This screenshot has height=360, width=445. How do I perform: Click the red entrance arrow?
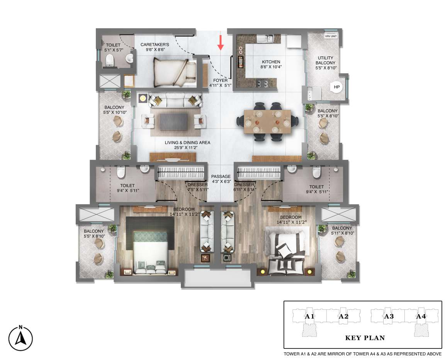coord(221,43)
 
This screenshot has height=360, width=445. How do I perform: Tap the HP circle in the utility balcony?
coord(336,87)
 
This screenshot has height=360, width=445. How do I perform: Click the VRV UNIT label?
coord(331,36)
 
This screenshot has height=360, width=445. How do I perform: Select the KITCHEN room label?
coord(271,62)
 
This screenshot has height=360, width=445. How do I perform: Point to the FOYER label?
coord(220,80)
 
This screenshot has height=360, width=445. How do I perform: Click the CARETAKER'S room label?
coord(155,44)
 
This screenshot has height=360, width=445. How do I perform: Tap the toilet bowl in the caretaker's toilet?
coord(110,60)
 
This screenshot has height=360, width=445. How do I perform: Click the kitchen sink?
coord(265,38)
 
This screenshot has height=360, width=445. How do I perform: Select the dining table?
coord(267,122)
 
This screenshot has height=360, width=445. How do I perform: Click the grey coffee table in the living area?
coord(173,122)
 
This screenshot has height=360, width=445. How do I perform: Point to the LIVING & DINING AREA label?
coord(188,143)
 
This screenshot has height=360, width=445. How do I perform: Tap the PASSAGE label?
coord(221,176)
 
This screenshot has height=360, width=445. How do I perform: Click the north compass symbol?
coord(20,338)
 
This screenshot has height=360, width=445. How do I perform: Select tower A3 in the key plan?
coord(388,316)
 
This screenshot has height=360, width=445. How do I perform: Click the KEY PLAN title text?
coord(365,338)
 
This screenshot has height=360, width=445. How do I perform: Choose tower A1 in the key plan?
coord(309,316)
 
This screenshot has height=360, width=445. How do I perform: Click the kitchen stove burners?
coord(263,84)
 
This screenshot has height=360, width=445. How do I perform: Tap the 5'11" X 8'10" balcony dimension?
coord(342,233)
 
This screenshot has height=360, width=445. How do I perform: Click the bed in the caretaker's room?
coord(175,73)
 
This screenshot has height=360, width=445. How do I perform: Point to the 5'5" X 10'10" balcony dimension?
coord(115,112)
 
